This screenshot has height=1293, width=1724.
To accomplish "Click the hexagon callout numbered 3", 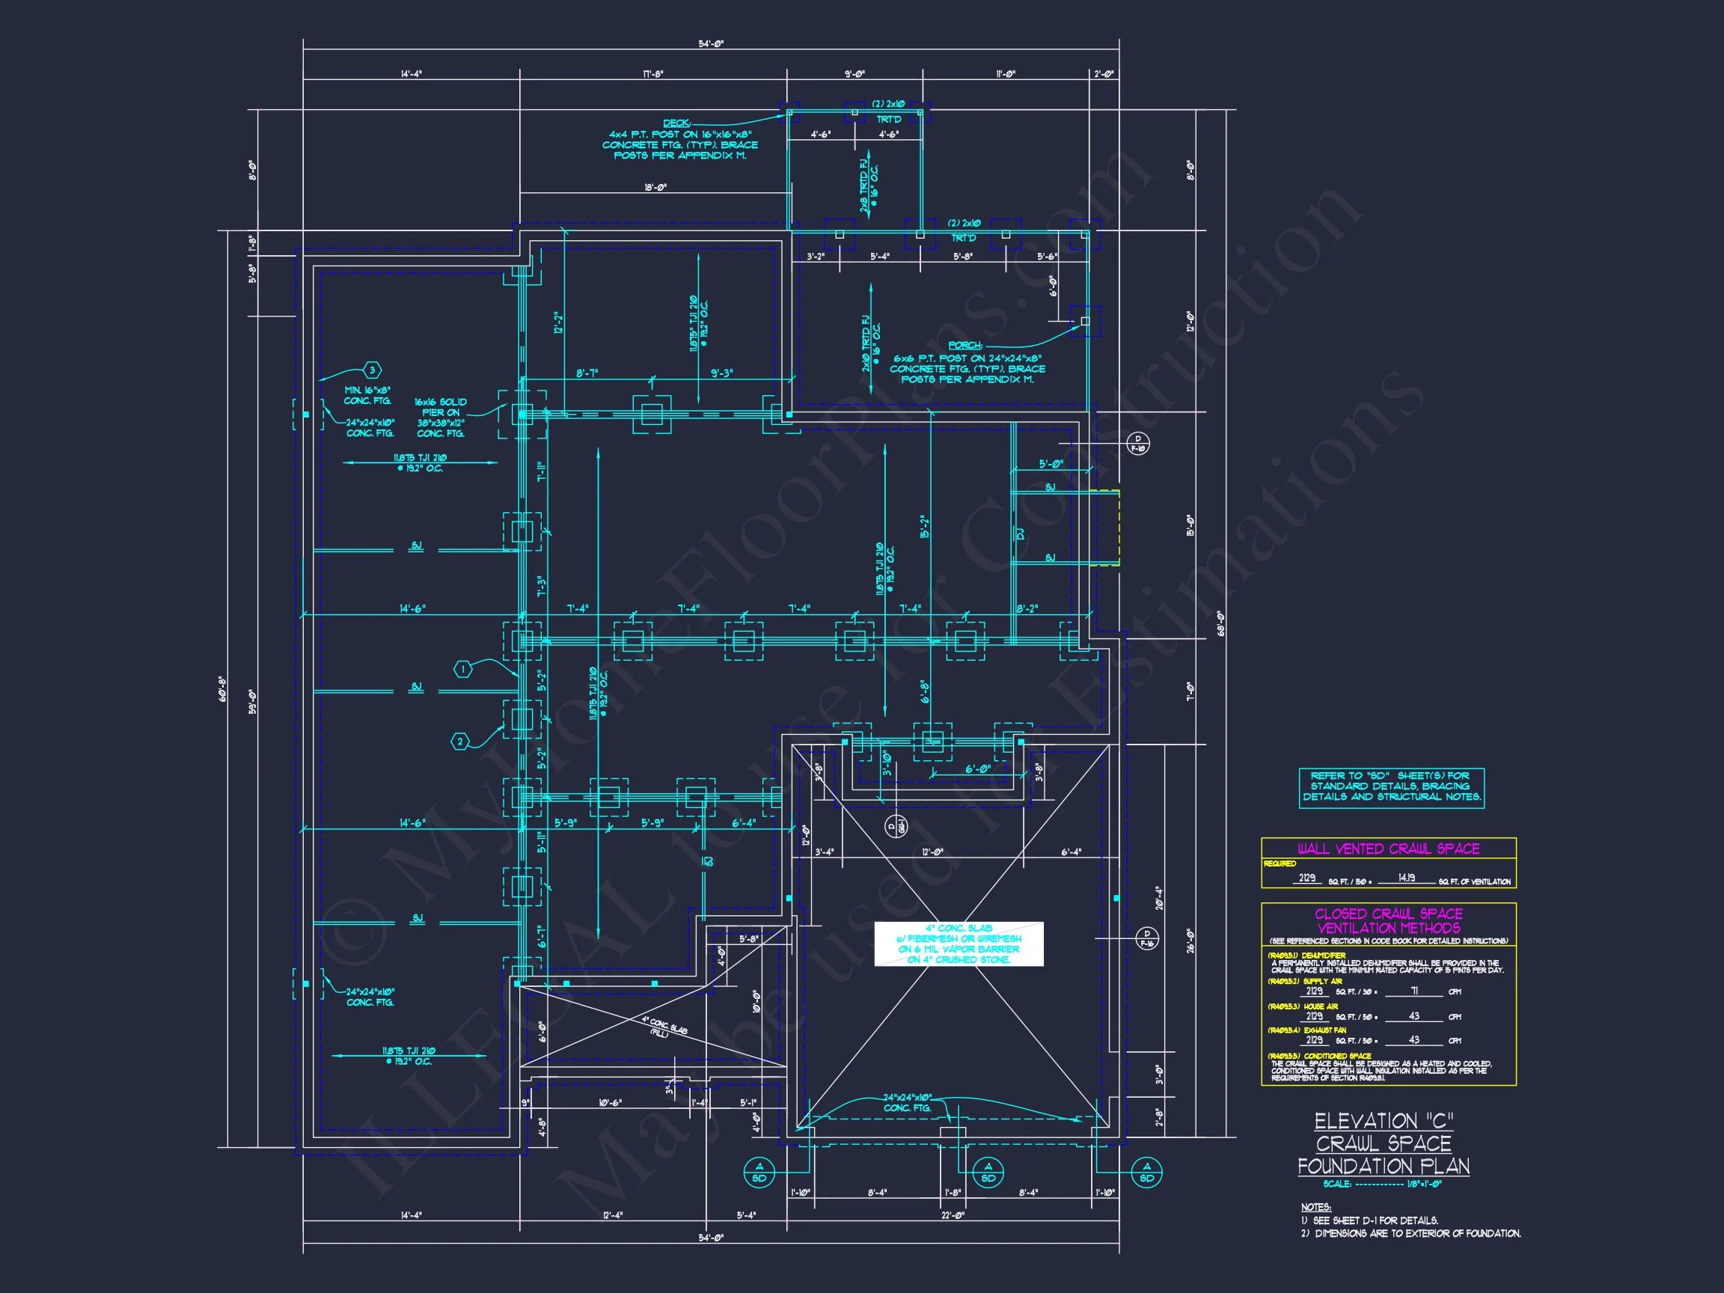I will point(373,370).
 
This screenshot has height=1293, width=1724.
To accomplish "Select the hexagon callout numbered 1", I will point(463,669).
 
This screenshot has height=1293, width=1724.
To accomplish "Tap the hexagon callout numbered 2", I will point(460,742).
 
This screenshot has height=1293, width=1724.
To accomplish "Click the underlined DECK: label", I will point(676,123).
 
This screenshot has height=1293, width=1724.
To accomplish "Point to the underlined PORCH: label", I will point(965,345).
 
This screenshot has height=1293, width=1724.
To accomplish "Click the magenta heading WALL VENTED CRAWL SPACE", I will point(1388,849).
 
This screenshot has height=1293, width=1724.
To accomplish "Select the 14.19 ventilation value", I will point(1406,878).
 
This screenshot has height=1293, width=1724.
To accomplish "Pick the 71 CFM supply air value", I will point(1413,991).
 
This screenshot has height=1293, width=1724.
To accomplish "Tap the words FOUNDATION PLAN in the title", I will point(1384,1166).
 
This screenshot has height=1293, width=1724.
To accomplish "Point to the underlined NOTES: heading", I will point(1315,1207).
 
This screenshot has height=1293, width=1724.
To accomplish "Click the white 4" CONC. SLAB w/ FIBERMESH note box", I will point(958,944).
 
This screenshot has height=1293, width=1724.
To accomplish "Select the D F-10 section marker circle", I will point(1137,444).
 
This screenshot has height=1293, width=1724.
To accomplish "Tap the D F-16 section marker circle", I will point(1146,938).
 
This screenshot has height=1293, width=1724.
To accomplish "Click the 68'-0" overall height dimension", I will point(1221,623).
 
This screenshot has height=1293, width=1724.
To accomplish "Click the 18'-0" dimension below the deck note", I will point(655,188).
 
